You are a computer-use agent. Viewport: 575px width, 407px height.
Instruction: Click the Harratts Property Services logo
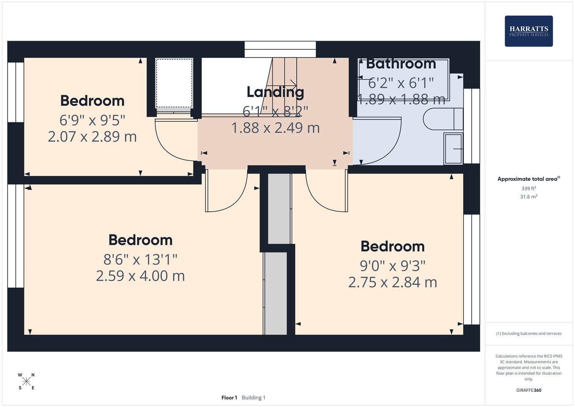pos(528,31)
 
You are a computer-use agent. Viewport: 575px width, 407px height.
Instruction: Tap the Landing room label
pos(275,92)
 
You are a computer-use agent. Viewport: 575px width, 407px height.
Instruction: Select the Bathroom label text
pos(401,64)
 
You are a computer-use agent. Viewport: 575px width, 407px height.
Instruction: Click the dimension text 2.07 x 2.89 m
pos(92,136)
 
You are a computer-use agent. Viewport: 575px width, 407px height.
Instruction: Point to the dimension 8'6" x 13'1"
pos(140,259)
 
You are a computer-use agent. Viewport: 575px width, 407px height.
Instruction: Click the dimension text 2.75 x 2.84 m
pos(392,282)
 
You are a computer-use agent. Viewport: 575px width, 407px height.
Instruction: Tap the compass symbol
pos(26,381)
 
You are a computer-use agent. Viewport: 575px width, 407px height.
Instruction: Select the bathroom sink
pos(453,149)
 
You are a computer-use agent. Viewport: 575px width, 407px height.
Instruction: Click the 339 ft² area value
pos(529,188)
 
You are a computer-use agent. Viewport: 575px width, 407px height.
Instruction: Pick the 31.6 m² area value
pos(529,197)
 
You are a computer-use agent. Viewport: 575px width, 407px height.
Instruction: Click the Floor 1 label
pos(229,398)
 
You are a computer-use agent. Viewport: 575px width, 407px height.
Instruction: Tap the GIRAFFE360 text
pos(529,390)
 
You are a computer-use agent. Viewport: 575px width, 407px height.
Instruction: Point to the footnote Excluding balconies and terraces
pos(529,334)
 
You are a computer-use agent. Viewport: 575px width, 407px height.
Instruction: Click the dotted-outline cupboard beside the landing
pos(174,83)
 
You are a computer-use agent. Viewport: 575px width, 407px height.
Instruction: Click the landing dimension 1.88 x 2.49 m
pos(275,128)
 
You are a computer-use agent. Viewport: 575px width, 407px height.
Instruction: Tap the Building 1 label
pos(253,398)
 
